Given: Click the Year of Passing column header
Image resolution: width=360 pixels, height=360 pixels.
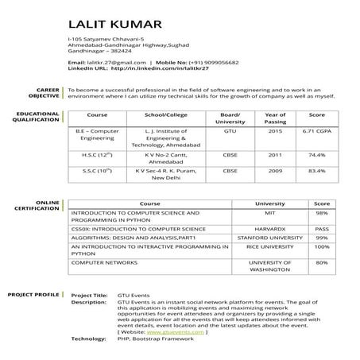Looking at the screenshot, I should click(275, 118).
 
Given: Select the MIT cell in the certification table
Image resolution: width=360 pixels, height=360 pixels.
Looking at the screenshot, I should click(270, 214).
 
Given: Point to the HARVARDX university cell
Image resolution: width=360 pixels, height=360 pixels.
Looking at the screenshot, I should click(270, 228).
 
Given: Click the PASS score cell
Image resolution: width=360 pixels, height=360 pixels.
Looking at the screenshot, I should click(322, 228).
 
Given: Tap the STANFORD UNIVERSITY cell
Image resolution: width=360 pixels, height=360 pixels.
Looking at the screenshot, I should click(270, 237).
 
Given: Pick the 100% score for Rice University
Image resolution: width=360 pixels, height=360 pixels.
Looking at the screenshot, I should click(322, 246).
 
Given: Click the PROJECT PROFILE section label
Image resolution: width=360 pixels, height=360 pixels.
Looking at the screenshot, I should click(33, 295).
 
